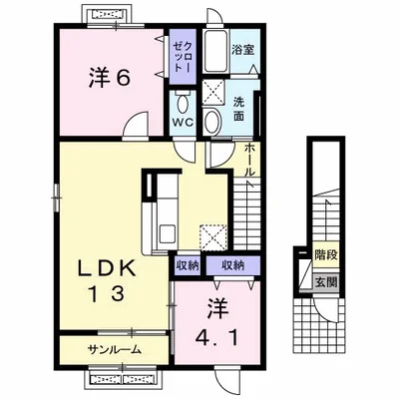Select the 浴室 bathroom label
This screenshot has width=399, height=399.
coord(241,48)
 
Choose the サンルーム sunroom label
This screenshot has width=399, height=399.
coord(113,350)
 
